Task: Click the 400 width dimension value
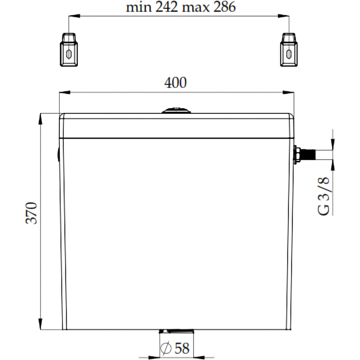(175, 83)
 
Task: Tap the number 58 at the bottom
(182, 348)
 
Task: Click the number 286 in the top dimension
(223, 7)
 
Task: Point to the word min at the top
(138, 7)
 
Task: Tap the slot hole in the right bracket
(288, 54)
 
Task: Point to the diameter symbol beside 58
(166, 348)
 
